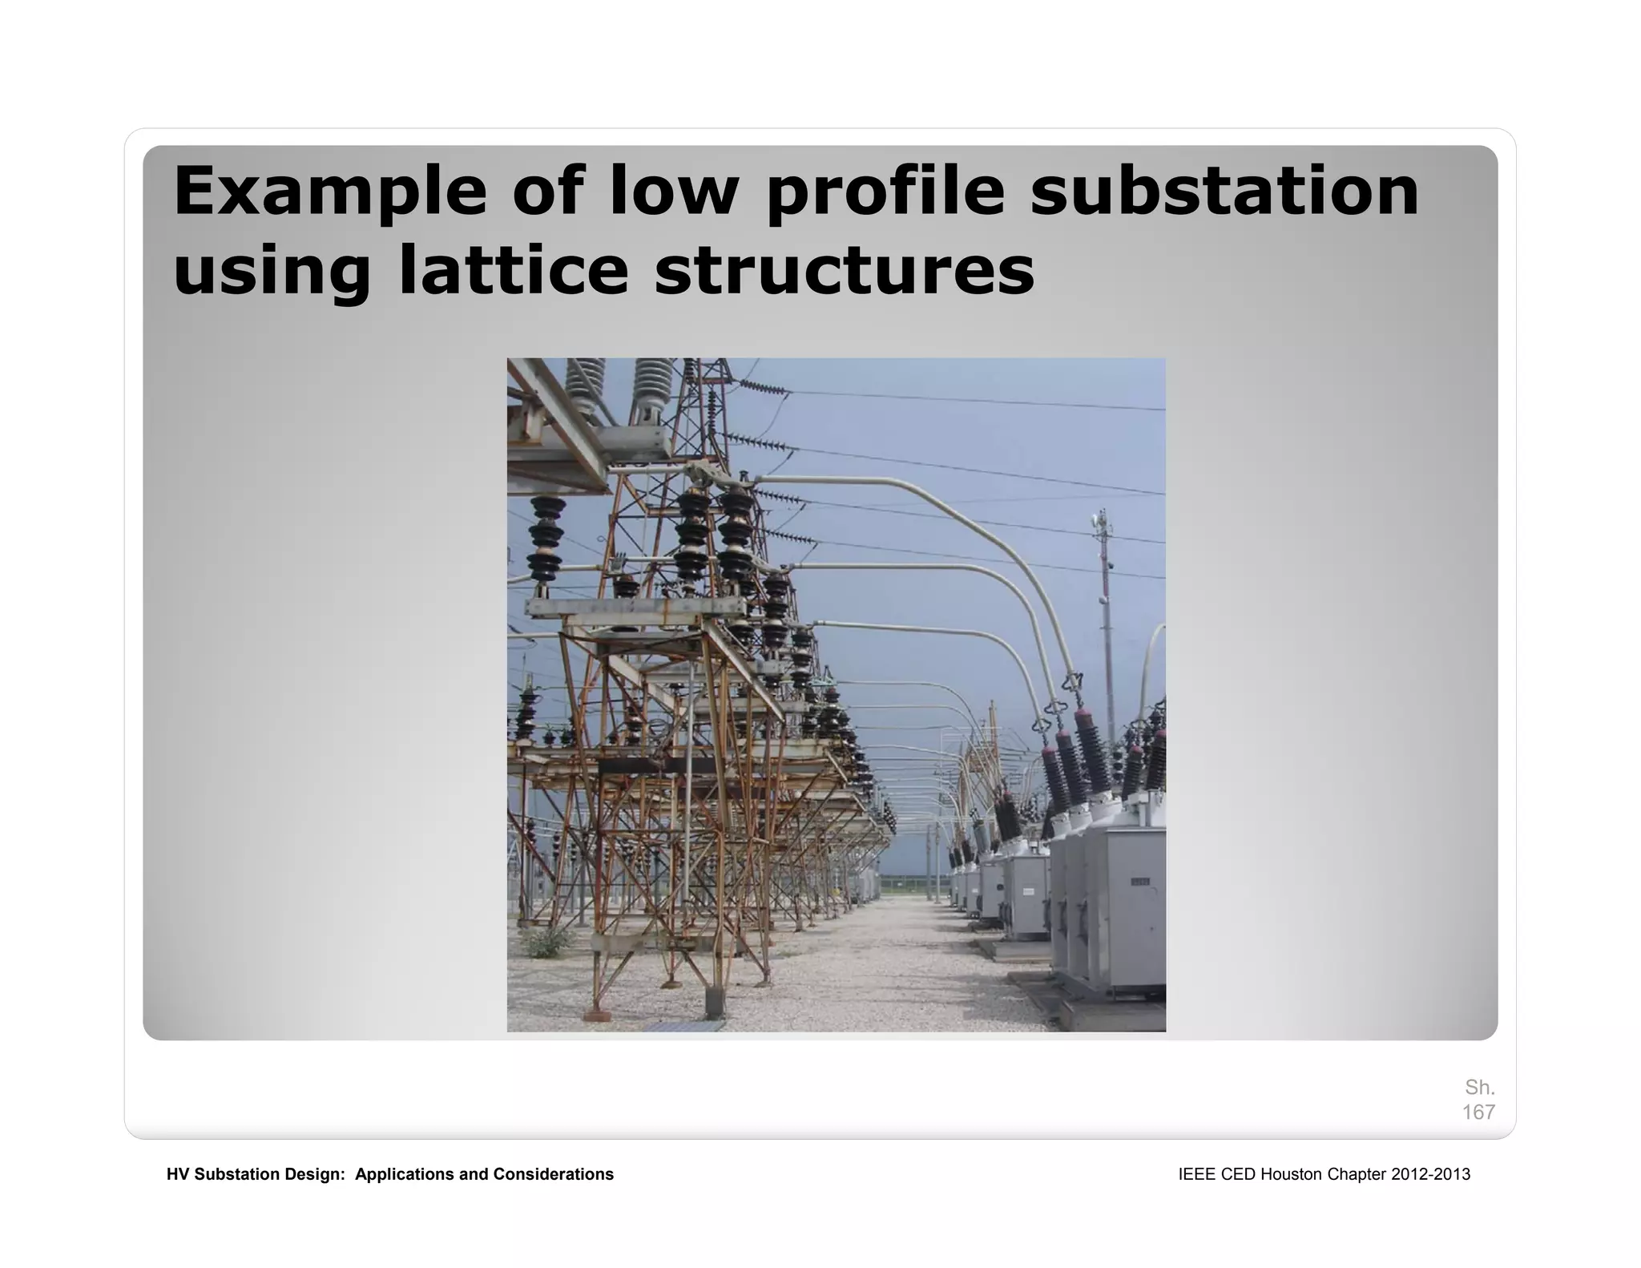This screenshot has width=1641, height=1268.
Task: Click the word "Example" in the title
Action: (x=329, y=191)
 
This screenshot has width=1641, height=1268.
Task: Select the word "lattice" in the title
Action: (x=513, y=269)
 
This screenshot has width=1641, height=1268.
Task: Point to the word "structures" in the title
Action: (x=844, y=269)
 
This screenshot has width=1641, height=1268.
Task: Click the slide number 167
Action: (x=1478, y=1112)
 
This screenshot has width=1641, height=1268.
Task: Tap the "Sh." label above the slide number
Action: (x=1479, y=1088)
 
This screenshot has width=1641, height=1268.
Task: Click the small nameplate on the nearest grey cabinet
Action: (x=1139, y=882)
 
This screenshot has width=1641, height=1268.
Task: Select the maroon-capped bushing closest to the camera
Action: (x=1091, y=749)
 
